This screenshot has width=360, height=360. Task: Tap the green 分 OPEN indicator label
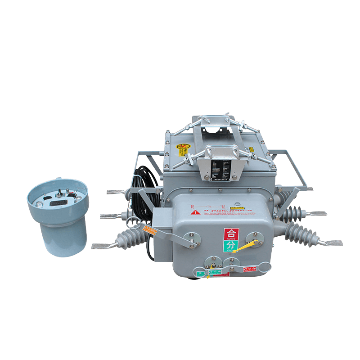[x=229, y=247]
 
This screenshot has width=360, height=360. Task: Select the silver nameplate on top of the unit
[x=222, y=167]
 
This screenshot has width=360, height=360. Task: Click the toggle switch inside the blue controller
[x=60, y=194]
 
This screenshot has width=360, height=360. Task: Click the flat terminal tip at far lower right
[x=333, y=243]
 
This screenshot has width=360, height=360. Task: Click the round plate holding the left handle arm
[x=192, y=237]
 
